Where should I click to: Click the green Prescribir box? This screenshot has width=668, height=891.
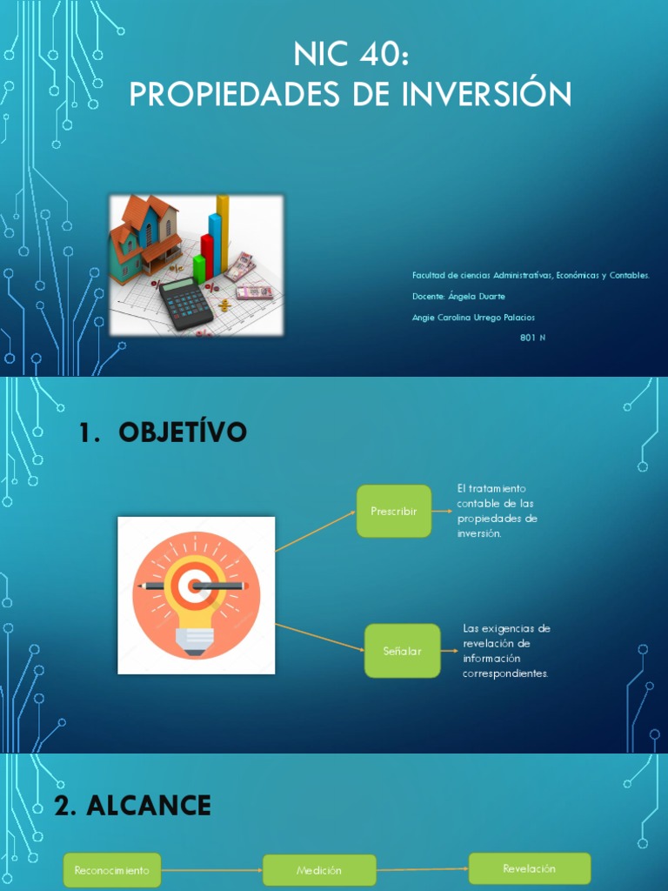[x=394, y=511]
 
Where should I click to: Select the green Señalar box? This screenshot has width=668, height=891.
[x=402, y=650]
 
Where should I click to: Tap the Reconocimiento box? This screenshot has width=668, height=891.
[x=112, y=870]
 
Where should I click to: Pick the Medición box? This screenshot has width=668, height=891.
[x=319, y=870]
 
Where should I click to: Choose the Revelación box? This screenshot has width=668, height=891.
[x=529, y=868]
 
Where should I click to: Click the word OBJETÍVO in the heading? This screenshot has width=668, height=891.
[x=183, y=432]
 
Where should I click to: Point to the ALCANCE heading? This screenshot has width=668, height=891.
[x=150, y=806]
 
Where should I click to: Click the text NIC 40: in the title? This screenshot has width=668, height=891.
[x=350, y=57]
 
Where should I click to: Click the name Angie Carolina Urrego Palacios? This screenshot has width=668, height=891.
[x=473, y=318]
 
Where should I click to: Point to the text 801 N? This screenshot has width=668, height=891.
[x=532, y=338]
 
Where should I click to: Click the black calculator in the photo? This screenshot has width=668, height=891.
[x=185, y=301]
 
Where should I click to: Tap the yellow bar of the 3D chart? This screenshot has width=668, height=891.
[x=223, y=231]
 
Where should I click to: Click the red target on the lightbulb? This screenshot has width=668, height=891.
[x=196, y=586]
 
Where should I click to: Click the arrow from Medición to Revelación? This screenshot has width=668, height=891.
[x=423, y=869]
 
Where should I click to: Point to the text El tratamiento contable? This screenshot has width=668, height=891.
[x=497, y=511]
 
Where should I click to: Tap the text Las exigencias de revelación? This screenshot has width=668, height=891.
[x=507, y=651]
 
